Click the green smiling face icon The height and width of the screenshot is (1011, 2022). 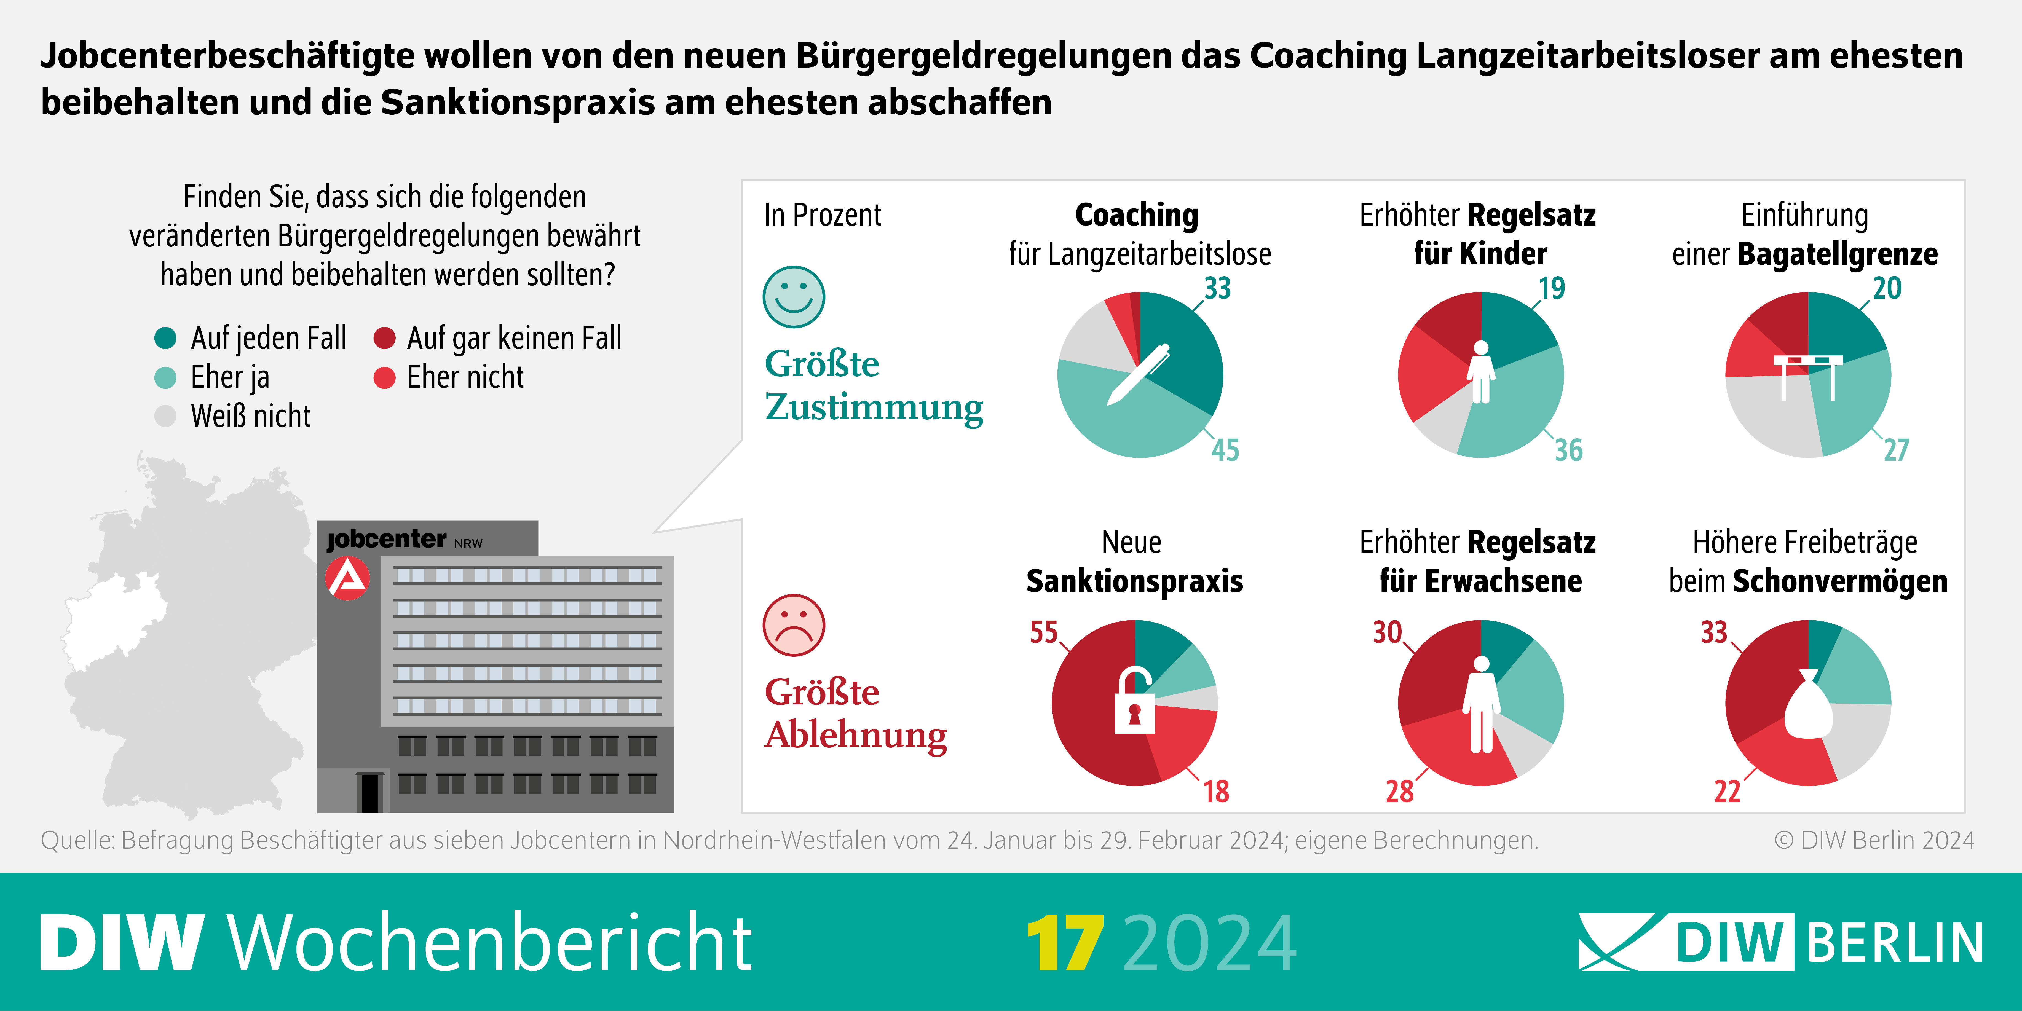pyautogui.click(x=794, y=297)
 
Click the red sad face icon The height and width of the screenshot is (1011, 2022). pyautogui.click(x=794, y=625)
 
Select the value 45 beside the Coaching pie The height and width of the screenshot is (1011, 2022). pyautogui.click(x=1225, y=450)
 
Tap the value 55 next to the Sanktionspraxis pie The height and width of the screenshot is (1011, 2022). pyautogui.click(x=1044, y=632)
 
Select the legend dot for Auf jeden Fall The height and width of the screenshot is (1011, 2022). pyautogui.click(x=166, y=338)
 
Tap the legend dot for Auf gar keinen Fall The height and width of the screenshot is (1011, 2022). pyautogui.click(x=384, y=338)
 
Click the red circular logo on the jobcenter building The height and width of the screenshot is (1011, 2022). pyautogui.click(x=347, y=578)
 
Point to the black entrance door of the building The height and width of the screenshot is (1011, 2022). pyautogui.click(x=369, y=793)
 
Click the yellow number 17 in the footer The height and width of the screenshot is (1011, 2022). pyautogui.click(x=1064, y=943)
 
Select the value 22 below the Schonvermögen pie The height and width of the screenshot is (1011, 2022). pyautogui.click(x=1727, y=791)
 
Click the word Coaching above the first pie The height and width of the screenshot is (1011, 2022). pyautogui.click(x=1137, y=214)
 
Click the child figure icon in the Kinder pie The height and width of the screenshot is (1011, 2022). pyautogui.click(x=1481, y=373)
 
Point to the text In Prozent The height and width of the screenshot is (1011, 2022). pyautogui.click(x=822, y=214)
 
